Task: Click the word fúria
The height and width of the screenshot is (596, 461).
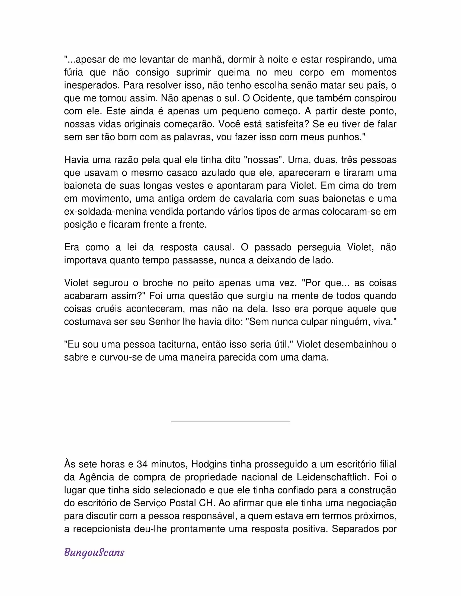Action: [x=73, y=72]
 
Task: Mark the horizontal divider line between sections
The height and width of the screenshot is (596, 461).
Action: [x=230, y=422]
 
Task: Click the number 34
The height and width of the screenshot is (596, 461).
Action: [x=142, y=464]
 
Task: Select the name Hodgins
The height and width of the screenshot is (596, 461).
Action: [x=209, y=464]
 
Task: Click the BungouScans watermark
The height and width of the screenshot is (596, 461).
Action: [x=94, y=553]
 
